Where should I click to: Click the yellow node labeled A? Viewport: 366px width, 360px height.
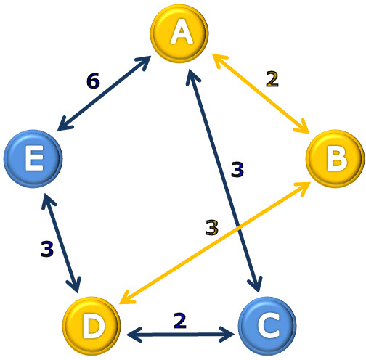point(179,33)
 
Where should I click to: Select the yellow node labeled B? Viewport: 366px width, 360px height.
point(335,158)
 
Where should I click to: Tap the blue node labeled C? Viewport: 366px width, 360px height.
point(267,326)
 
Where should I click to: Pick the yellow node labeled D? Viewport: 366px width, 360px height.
point(91,326)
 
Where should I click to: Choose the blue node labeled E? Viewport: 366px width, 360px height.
point(33,158)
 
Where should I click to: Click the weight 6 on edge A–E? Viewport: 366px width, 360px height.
point(93,81)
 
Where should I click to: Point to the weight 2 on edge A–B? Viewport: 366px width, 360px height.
point(272,79)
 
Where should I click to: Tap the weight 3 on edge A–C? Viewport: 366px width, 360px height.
point(237,169)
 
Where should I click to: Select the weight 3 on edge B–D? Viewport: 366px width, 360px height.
point(212,227)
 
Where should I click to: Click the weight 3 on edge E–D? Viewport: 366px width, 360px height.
point(47,249)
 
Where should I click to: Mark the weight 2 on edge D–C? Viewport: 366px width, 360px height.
point(180,321)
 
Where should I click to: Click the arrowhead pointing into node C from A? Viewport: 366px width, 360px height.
point(256,285)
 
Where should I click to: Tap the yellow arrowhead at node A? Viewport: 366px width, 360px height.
point(219,60)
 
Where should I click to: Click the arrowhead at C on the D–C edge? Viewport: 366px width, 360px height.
point(227,335)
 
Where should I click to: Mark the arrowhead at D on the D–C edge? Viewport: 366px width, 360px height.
point(134,335)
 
